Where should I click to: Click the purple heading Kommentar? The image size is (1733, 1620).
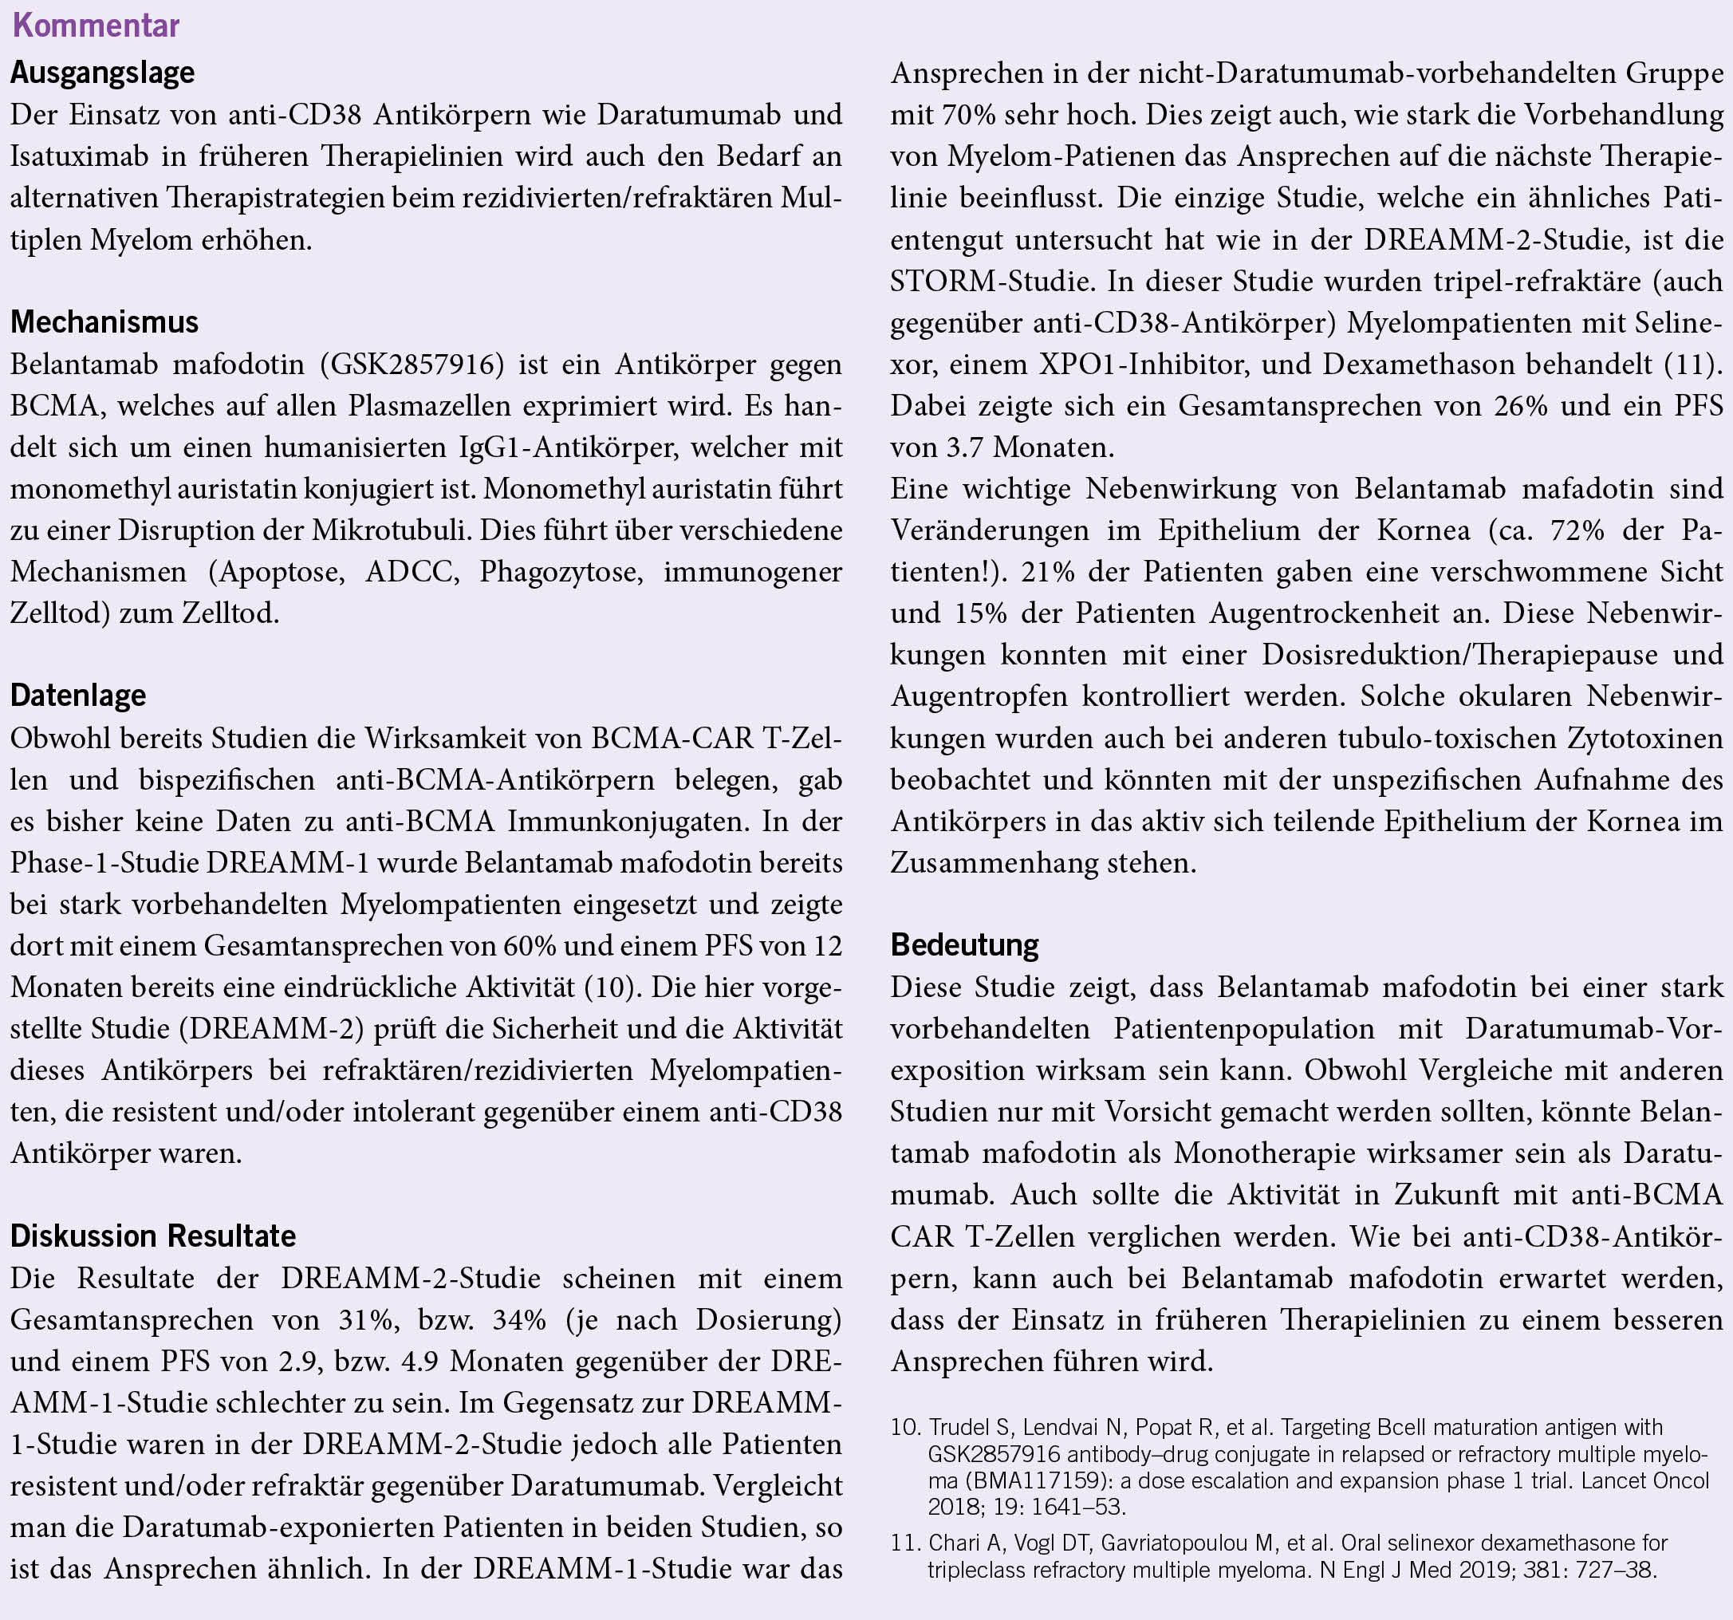[96, 26]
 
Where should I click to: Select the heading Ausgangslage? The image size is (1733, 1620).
[102, 73]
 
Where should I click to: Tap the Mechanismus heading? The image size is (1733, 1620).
[104, 321]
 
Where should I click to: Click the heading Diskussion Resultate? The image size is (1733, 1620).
[152, 1236]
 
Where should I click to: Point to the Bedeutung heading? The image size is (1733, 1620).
[964, 944]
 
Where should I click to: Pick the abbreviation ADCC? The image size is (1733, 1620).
[411, 572]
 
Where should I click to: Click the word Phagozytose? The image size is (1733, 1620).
[561, 572]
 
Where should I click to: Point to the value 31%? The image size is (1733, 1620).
[366, 1319]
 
